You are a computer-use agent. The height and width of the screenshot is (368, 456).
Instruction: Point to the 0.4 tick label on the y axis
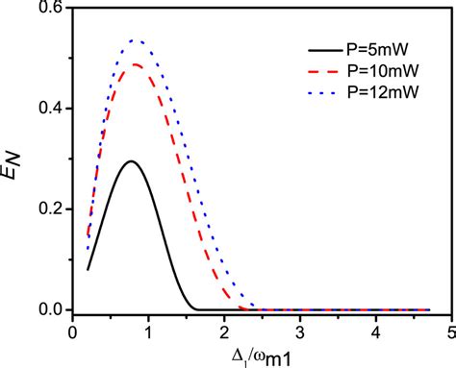tap(50, 109)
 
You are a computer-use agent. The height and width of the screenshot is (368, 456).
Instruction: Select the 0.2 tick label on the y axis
tap(50, 209)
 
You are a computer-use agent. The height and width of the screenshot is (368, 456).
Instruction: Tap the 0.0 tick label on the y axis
tap(50, 310)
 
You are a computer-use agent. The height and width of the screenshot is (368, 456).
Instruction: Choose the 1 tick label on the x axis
tap(148, 331)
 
